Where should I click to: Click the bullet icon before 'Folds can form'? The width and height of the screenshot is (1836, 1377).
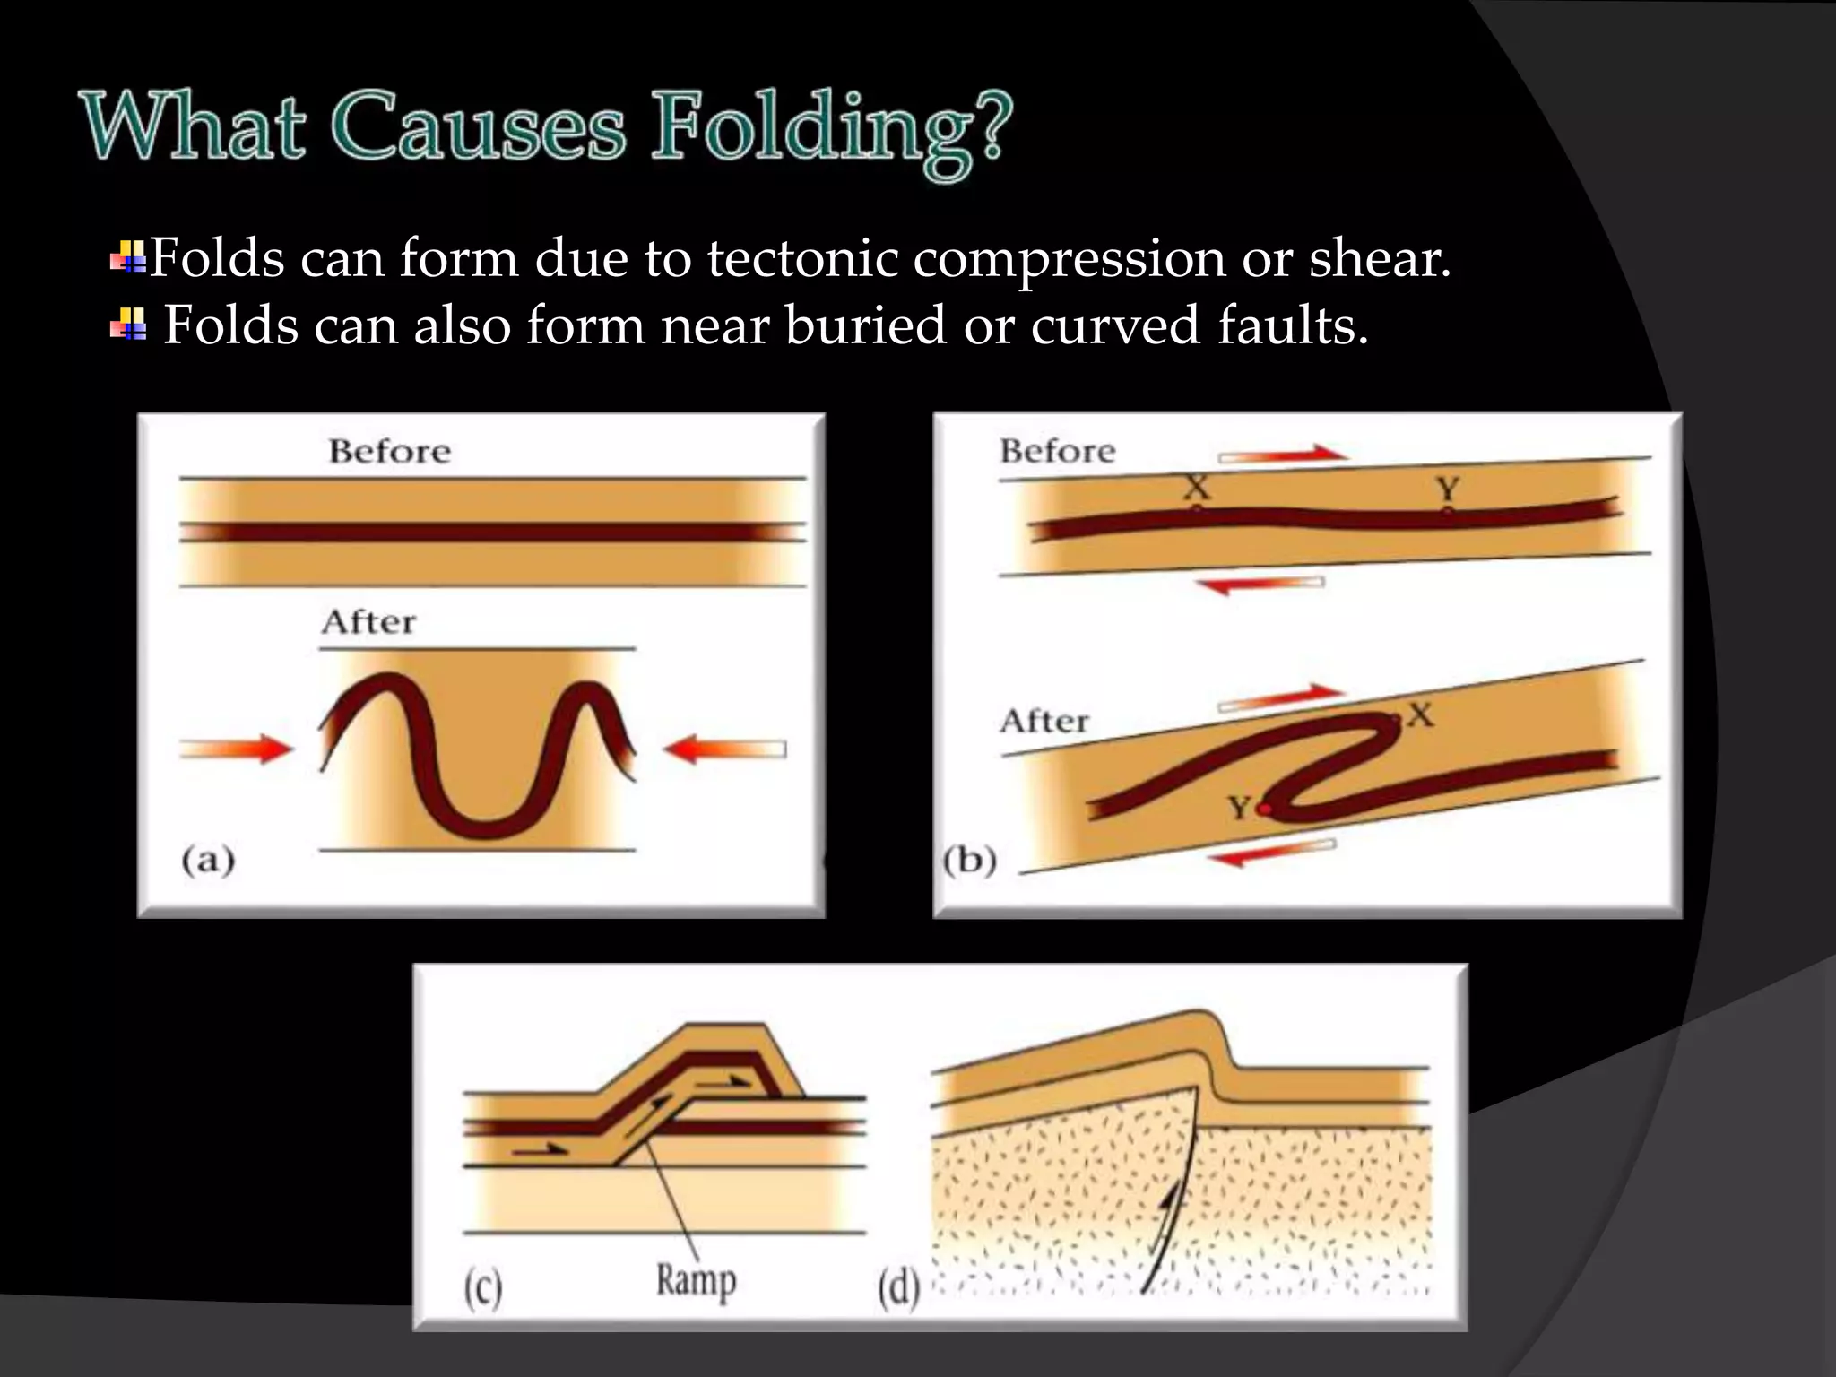coord(127,257)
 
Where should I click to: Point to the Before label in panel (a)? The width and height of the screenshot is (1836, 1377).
coord(389,451)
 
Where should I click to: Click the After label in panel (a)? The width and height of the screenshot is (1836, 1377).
coord(368,622)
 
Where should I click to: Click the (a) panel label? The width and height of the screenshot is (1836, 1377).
coord(208,861)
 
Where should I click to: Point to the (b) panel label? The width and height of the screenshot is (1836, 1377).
coord(970,861)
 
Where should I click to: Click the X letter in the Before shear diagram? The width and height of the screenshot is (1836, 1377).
coord(1197,489)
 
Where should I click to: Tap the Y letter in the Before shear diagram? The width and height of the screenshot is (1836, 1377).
coord(1448,489)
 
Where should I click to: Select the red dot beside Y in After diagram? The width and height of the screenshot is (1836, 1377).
coord(1264,810)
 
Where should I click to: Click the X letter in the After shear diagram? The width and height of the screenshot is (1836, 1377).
coord(1420,714)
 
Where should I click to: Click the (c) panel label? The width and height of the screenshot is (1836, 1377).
coord(482,1290)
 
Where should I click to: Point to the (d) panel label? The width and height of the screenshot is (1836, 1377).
coord(898,1290)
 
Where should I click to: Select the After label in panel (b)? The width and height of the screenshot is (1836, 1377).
coord(1044,721)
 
